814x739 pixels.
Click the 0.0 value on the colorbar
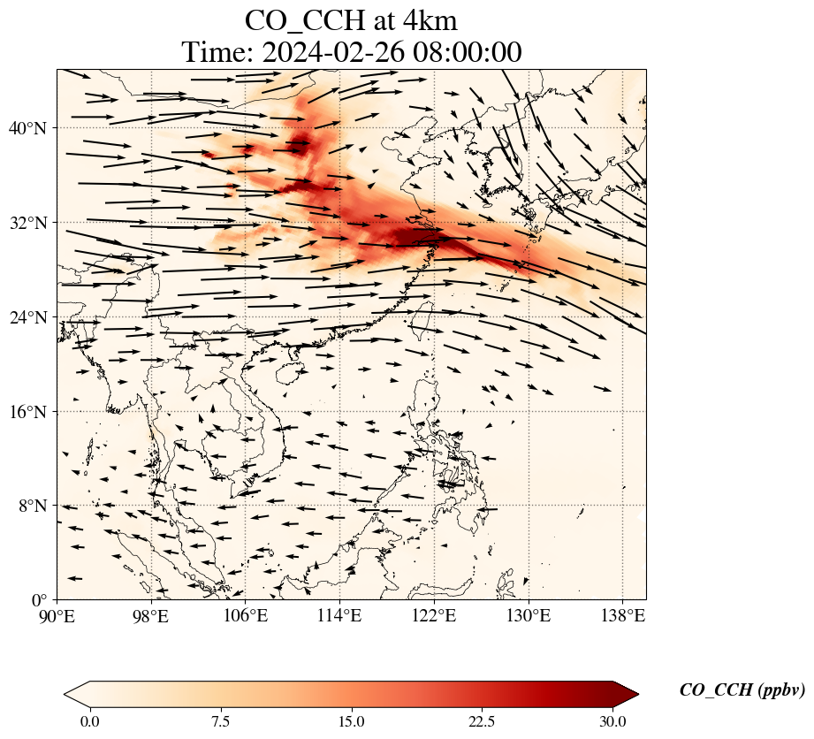[x=89, y=721]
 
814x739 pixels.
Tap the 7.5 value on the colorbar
[x=220, y=721]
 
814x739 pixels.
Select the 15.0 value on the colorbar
[x=351, y=721]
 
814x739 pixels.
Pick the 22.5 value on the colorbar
[x=482, y=721]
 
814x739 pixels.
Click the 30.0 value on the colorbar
[x=612, y=721]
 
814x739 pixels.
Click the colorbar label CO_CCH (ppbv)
[x=742, y=690]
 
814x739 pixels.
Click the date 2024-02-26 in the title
[x=333, y=52]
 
